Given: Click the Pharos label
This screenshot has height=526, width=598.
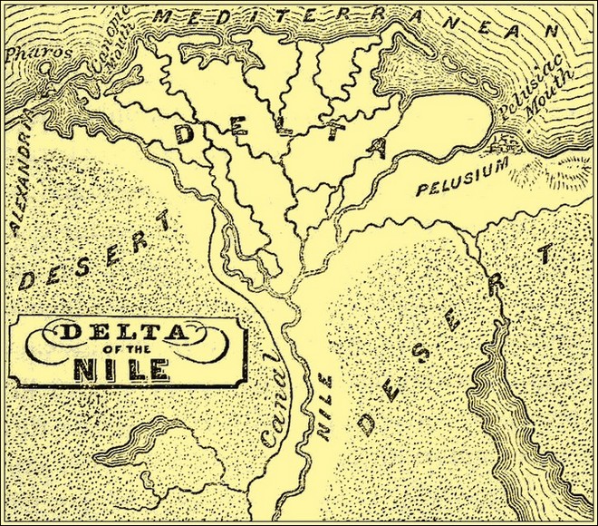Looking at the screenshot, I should pyautogui.click(x=29, y=53).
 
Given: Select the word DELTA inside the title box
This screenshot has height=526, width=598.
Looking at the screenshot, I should pyautogui.click(x=127, y=332).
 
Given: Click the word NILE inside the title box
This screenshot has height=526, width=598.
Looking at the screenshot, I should pyautogui.click(x=126, y=370).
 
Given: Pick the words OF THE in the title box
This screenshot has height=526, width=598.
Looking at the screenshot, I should pyautogui.click(x=126, y=351).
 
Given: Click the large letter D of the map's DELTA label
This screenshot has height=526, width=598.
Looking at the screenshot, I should pyautogui.click(x=185, y=134).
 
